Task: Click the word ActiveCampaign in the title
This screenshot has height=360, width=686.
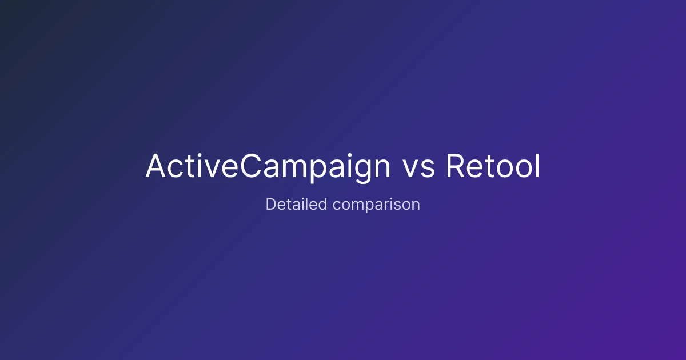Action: coord(268,166)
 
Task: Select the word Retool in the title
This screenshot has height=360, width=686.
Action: coord(493,166)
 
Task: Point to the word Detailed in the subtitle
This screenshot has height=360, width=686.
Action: coord(296,204)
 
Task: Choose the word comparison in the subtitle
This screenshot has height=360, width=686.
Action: coord(376,205)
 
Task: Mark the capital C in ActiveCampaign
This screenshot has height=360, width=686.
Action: coord(251,166)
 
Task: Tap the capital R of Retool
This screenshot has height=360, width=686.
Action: coord(456,166)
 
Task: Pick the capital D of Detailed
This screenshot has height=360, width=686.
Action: coord(271,204)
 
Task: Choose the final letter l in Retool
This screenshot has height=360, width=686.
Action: coord(537,166)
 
